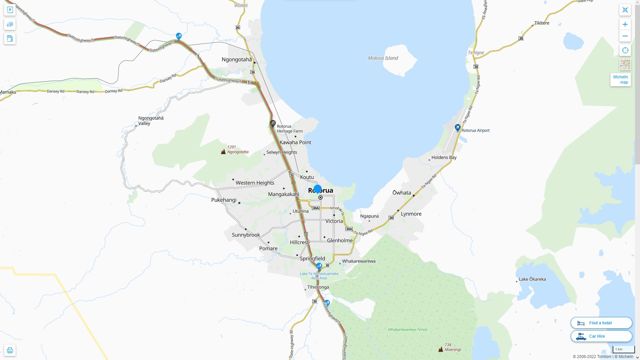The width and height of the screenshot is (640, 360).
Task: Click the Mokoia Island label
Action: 383,58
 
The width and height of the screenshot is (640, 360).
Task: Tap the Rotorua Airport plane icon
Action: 458,127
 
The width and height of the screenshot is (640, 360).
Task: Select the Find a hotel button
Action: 601,323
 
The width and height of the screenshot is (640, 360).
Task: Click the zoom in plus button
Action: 625,24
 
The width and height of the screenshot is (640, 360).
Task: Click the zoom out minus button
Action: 625,36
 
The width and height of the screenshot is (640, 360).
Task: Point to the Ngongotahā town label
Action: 237,60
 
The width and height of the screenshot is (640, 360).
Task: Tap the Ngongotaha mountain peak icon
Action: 223,152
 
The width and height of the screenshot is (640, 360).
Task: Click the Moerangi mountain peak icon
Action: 441,349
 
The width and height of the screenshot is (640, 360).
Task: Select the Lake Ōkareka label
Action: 532,279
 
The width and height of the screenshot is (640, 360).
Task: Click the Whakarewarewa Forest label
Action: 408,330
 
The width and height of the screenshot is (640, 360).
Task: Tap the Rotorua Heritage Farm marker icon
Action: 273,124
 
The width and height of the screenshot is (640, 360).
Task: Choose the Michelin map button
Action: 620,80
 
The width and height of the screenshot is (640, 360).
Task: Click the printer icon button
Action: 10,350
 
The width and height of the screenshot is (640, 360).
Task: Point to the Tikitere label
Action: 542,23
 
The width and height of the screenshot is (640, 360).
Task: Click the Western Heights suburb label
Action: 255,183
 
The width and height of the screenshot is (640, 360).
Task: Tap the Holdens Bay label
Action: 444,157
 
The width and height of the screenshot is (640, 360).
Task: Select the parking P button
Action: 10,10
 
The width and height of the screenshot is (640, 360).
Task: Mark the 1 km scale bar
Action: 623,350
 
